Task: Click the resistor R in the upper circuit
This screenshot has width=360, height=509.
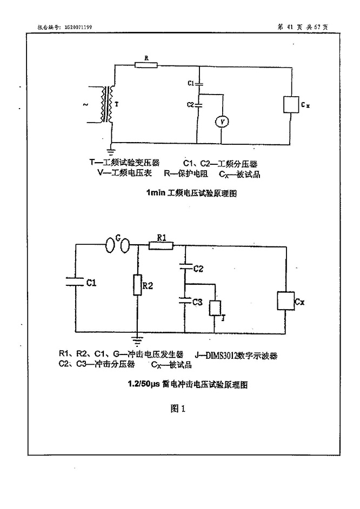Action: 145,65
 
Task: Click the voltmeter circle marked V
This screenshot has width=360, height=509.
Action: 222,123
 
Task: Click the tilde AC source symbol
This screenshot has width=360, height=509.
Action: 85,105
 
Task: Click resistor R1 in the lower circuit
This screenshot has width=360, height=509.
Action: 161,246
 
